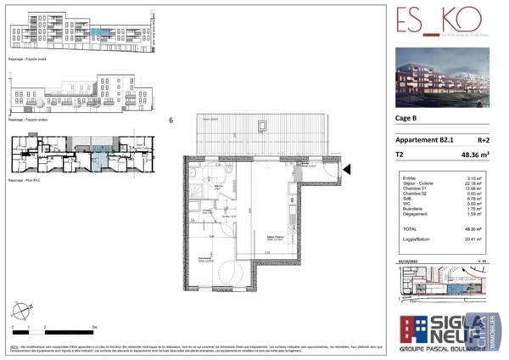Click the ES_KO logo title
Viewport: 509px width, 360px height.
[x=439, y=19]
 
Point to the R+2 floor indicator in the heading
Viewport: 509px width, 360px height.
[x=484, y=140]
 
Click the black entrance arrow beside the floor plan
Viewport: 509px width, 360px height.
[x=346, y=170]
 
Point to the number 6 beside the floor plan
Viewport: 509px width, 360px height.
[x=171, y=121]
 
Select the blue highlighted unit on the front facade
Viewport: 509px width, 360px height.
[x=101, y=31]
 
